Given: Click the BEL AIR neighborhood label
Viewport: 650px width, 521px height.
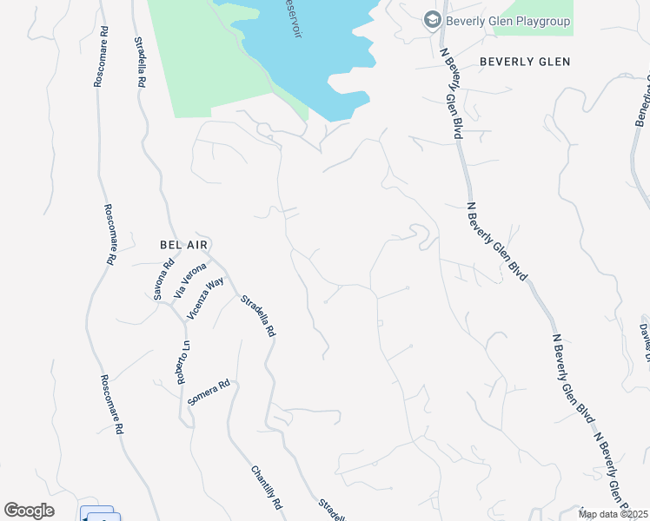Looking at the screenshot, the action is click(x=184, y=246).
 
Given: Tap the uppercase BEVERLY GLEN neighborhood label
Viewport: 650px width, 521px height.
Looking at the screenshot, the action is click(x=525, y=62).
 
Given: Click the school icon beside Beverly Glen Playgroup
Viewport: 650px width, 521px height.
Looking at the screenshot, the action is click(x=432, y=19).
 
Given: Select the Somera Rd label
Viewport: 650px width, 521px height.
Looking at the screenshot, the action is click(x=209, y=392).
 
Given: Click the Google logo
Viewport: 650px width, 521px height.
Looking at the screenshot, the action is click(x=29, y=511).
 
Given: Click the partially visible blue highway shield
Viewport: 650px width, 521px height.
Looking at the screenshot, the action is click(x=99, y=514).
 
